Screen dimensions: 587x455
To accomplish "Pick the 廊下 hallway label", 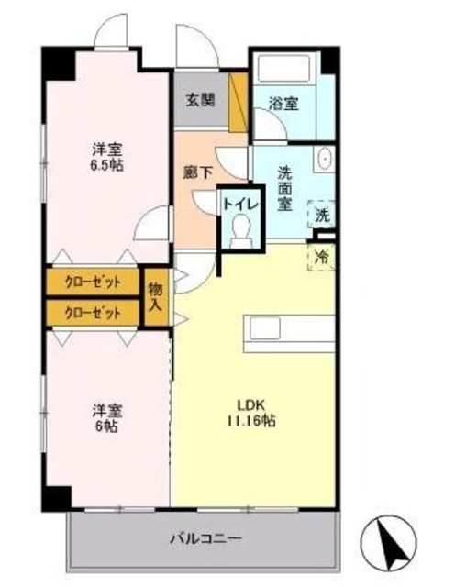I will tap(198, 172).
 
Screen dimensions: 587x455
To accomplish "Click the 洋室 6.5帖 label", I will tap(107, 157).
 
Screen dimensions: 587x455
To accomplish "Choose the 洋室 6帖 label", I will tap(106, 417).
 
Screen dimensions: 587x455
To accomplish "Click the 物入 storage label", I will tap(155, 295).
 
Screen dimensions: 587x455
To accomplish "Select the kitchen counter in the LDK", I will tap(288, 331).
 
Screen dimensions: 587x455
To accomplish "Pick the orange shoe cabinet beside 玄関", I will tap(239, 102).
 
